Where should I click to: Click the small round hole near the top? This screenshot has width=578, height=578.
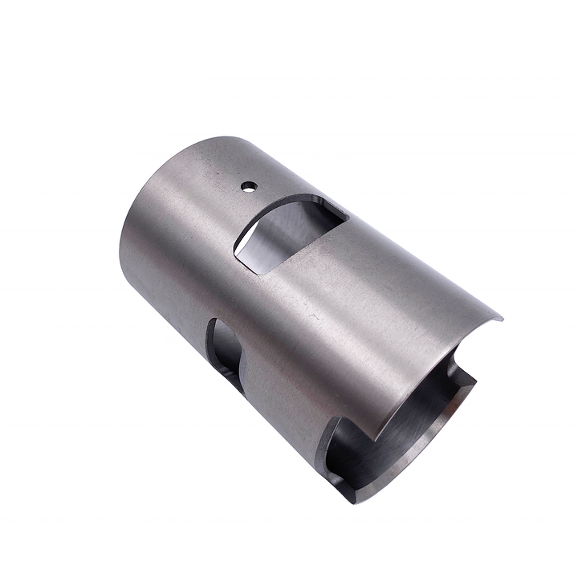pos(249,186)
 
